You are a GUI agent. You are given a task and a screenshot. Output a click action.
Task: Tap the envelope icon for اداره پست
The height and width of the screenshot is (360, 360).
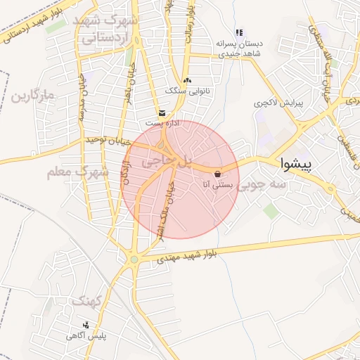click(162, 112)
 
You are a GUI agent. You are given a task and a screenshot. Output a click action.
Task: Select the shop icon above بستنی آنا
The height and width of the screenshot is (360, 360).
click(217, 173)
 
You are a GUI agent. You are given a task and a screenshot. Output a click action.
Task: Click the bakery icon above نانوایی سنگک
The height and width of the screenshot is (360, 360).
click(186, 81)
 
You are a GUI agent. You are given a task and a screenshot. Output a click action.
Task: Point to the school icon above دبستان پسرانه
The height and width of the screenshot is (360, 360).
click(239, 32)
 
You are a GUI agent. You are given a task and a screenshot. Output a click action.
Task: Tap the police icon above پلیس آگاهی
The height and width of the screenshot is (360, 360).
click(86, 325)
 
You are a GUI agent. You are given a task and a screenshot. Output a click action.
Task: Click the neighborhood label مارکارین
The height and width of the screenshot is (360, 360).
click(32, 94)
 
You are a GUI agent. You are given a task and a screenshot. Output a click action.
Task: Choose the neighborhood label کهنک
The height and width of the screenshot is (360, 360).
click(88, 301)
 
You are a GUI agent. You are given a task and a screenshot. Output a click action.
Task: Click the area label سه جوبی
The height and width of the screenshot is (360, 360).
click(261, 186)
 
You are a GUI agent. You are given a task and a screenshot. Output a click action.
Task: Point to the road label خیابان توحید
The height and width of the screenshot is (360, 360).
click(104, 141)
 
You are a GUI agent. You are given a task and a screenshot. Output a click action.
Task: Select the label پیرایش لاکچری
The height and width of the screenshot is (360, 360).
click(278, 103)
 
